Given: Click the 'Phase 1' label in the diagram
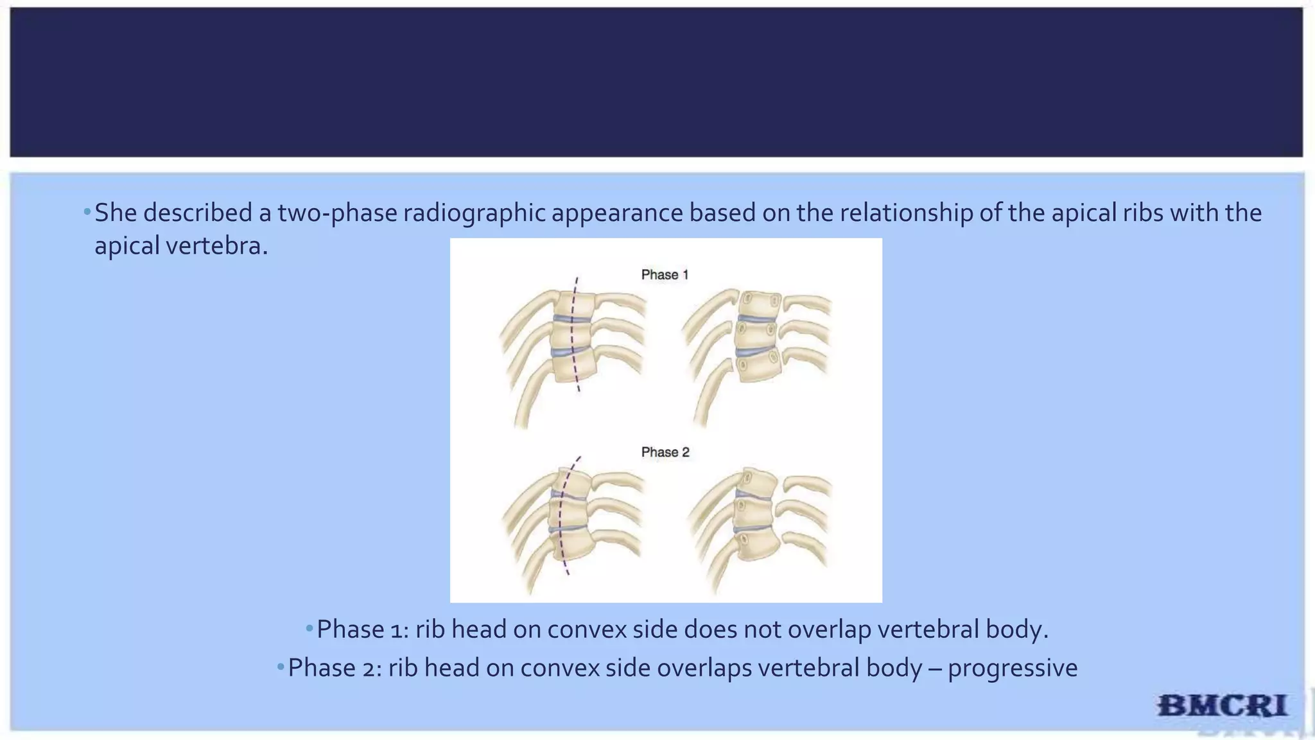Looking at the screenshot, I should coord(665,275).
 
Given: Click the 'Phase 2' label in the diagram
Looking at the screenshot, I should coord(665,452).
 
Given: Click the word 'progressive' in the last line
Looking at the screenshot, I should coord(1013,668).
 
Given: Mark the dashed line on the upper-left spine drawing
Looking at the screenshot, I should coord(573,334).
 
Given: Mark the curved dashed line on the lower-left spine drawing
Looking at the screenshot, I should coord(561,514).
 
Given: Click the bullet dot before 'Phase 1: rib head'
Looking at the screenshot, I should coord(309,628).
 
